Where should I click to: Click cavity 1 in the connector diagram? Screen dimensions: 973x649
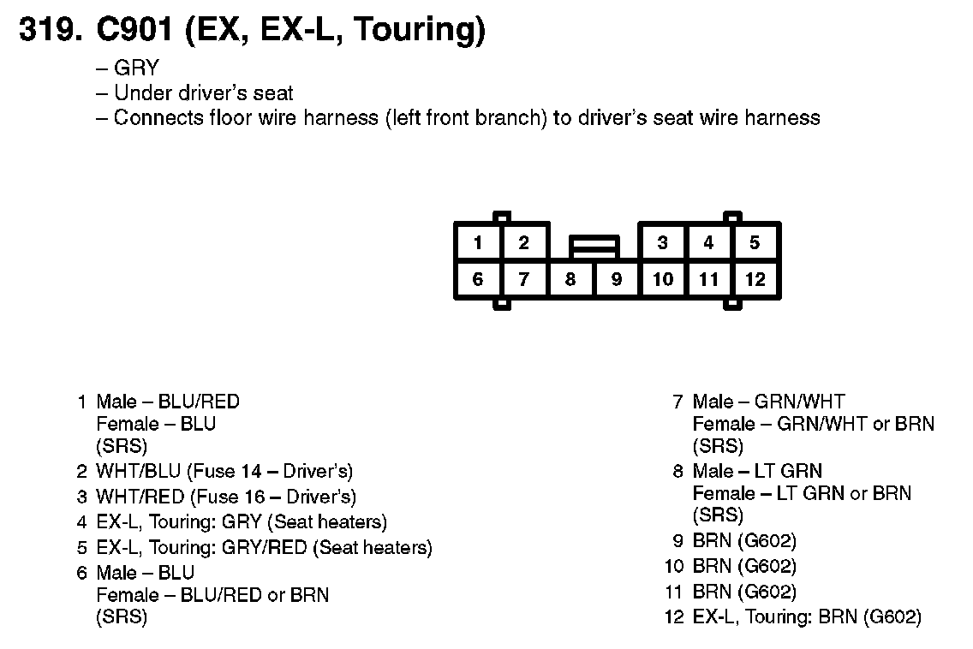tap(478, 243)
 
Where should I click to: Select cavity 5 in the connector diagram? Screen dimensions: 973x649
tap(755, 243)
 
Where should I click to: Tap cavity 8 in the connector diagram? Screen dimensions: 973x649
tap(570, 279)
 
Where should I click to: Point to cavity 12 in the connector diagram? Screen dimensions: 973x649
tap(755, 279)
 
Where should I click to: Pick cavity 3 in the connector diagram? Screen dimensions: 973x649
tap(662, 243)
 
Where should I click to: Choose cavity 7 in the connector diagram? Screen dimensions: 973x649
tap(524, 279)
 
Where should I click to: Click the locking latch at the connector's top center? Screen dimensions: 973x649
tap(594, 247)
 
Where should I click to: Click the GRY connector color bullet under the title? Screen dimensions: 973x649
tap(136, 69)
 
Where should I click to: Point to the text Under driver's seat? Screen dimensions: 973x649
tap(203, 93)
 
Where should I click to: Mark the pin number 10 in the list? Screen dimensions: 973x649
tap(674, 566)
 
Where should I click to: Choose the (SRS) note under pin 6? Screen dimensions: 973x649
tap(122, 617)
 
